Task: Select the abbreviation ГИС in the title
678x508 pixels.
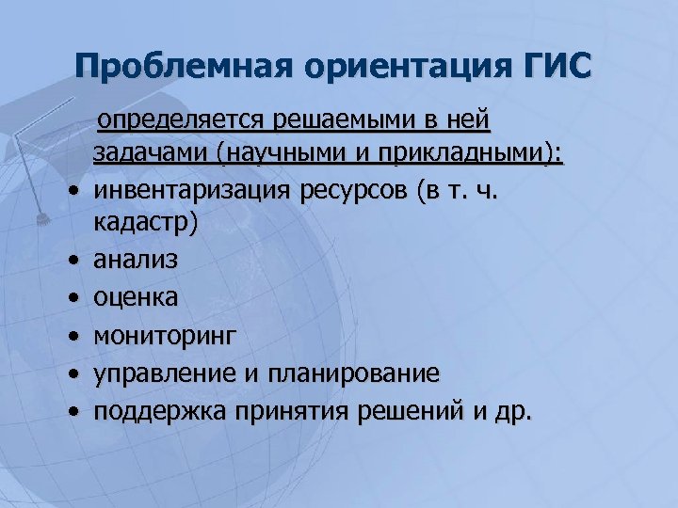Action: (556, 68)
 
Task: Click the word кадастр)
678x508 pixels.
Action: (146, 224)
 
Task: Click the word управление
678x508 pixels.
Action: (165, 373)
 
